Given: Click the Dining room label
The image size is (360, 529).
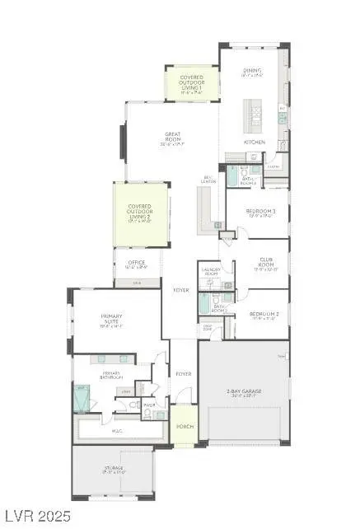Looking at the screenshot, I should (x=251, y=73).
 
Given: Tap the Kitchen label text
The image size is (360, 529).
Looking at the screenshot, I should (x=254, y=142).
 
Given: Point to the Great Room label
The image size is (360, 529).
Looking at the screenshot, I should (x=172, y=138).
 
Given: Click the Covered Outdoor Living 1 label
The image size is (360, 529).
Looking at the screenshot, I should (x=191, y=82).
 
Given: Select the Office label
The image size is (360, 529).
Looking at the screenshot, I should (x=136, y=264).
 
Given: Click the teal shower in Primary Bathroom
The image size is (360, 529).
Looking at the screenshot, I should (x=82, y=399).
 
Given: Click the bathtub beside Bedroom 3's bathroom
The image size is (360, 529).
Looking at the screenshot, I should (x=232, y=177).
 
